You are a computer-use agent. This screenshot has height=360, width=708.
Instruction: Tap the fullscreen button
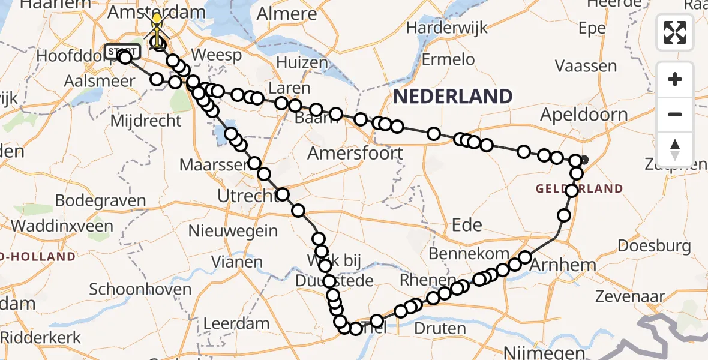point(675,32)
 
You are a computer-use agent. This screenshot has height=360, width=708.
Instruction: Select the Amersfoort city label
point(355,153)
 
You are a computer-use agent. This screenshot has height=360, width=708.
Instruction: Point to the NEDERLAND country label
point(453,96)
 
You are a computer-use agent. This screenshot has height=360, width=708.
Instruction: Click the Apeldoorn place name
point(583,115)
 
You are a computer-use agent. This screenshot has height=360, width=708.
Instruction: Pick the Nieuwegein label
point(233,231)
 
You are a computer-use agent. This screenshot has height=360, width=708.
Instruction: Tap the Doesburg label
point(654,245)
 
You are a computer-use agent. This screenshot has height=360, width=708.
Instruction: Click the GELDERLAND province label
point(579,189)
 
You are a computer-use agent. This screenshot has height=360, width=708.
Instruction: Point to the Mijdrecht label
point(146,121)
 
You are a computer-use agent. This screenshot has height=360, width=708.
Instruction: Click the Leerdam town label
point(236,323)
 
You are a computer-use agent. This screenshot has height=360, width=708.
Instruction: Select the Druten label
point(440,329)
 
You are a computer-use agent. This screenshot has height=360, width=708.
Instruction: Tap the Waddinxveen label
point(62,226)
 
